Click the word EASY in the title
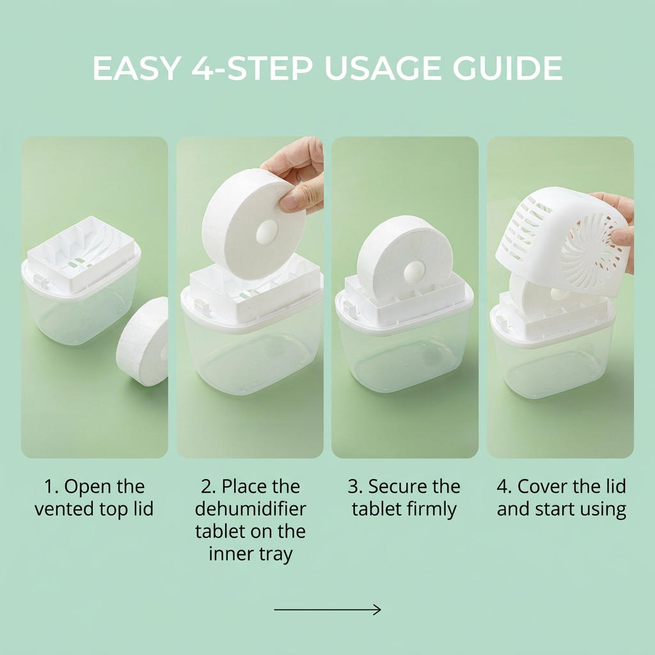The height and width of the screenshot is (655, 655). pyautogui.click(x=137, y=68)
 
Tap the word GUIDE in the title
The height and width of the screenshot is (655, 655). pyautogui.click(x=507, y=68)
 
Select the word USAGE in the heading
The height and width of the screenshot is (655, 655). pyautogui.click(x=383, y=68)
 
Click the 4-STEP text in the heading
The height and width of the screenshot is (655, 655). pyautogui.click(x=252, y=68)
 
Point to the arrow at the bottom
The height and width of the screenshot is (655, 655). pyautogui.click(x=327, y=610)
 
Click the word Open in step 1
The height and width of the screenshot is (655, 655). pyautogui.click(x=88, y=487)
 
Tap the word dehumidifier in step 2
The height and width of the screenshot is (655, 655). pyautogui.click(x=251, y=509)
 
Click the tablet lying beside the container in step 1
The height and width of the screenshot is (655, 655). pyautogui.click(x=142, y=342)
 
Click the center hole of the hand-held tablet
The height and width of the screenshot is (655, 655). pyautogui.click(x=266, y=233)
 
